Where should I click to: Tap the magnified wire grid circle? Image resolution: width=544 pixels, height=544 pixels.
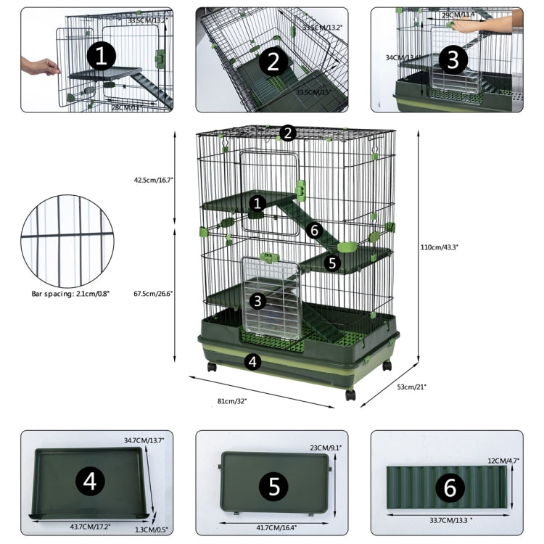(x=67, y=240)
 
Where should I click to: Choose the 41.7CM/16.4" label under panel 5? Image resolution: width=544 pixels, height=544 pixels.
(x=273, y=527)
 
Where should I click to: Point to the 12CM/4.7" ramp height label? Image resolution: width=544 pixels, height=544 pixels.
(x=503, y=460)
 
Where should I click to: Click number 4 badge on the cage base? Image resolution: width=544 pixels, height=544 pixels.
(x=252, y=360)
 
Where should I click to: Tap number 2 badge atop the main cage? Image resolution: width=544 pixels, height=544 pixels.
(x=288, y=133)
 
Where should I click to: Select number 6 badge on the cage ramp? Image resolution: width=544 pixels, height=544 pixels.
(x=313, y=230)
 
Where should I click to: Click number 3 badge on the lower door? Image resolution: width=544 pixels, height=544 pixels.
(x=258, y=300)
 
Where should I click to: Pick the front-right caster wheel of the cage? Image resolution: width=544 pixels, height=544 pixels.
(x=351, y=395)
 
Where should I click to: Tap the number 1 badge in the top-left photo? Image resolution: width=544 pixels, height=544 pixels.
(x=101, y=55)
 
